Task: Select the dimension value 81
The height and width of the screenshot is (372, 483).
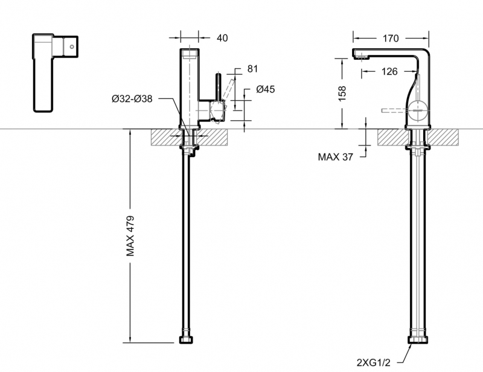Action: (252, 68)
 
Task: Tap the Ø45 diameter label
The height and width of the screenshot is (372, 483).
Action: (265, 89)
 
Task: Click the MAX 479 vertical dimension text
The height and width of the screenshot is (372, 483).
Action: (131, 235)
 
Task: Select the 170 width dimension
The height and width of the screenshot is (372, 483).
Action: (391, 38)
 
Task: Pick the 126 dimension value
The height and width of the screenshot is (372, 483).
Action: (389, 71)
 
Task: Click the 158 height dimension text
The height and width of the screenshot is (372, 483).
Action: (342, 94)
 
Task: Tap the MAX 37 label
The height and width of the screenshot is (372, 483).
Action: (335, 157)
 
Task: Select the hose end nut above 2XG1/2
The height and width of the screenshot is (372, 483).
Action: (417, 341)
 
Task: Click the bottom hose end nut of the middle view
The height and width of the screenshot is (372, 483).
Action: (187, 340)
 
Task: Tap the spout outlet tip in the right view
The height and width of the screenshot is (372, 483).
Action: (360, 58)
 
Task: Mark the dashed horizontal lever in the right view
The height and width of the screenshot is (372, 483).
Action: (396, 111)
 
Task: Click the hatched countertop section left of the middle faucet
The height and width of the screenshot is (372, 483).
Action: (164, 136)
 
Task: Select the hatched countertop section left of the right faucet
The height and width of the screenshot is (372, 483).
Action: (391, 136)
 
